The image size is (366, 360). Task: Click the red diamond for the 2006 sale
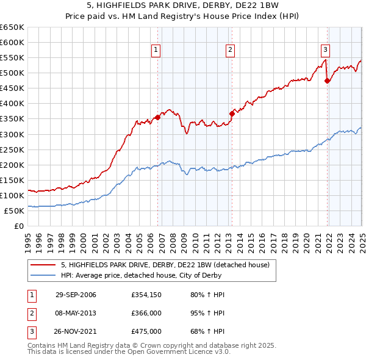point(157,117)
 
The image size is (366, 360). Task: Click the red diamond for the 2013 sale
point(232,113)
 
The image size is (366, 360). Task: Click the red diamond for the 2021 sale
point(328,80)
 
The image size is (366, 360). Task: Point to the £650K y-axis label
point(12,27)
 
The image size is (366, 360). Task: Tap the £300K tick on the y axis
point(12,134)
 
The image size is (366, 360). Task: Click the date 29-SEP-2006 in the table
point(76,295)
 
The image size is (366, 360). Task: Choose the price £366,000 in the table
point(146,313)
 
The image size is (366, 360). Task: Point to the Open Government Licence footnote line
point(129,352)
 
